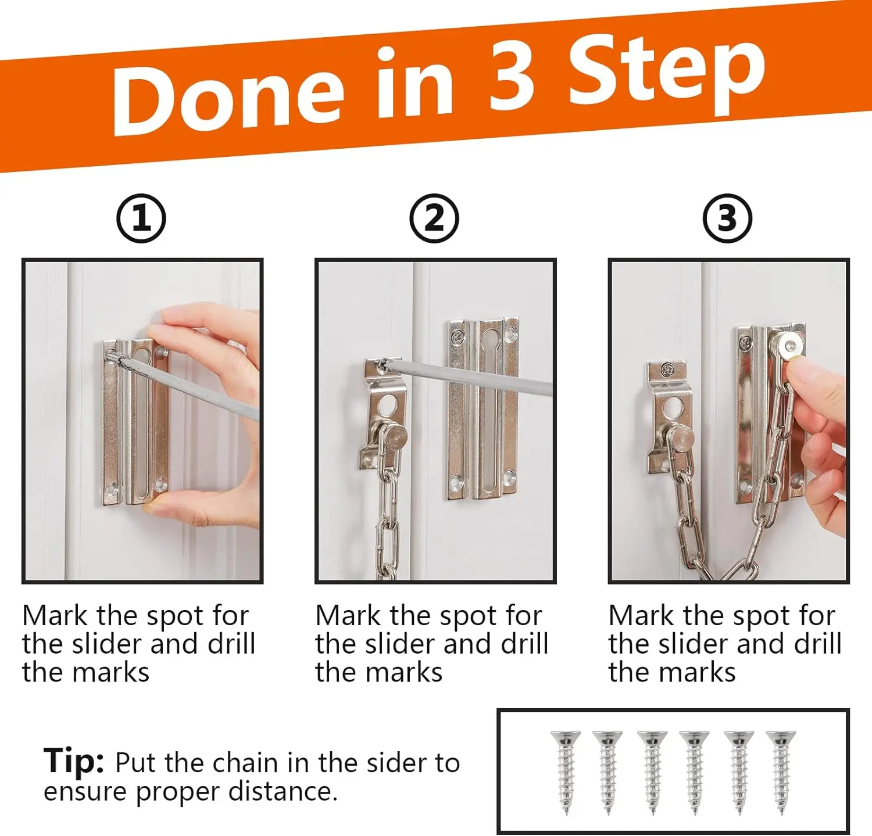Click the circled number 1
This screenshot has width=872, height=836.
141,219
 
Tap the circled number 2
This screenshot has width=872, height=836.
434,219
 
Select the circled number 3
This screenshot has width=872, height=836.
727,219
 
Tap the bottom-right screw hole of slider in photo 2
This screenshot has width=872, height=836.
509,478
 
